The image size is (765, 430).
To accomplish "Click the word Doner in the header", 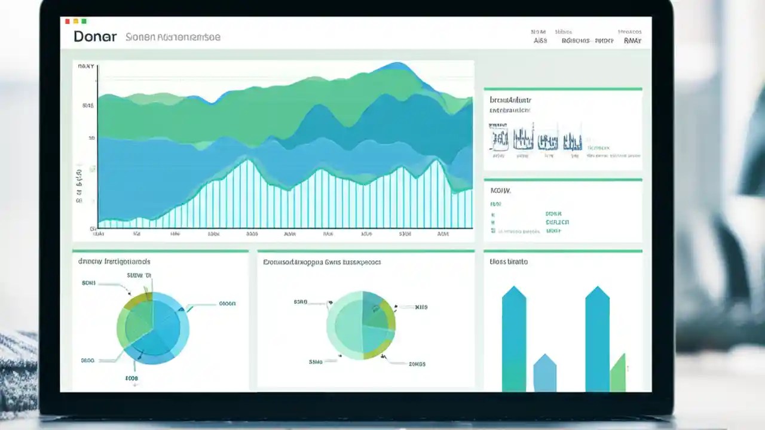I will coord(95,36).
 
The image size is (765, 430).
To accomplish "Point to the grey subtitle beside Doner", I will coord(173,37).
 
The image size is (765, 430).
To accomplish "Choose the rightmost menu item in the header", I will coord(632,41).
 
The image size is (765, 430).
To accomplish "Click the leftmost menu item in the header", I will coord(540,41).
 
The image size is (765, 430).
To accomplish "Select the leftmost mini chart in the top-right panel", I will coord(499,140).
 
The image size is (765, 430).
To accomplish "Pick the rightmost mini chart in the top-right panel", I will coord(572,141).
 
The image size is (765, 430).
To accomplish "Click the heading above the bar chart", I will coord(509,262).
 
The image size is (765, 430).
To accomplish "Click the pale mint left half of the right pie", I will coord(343,325).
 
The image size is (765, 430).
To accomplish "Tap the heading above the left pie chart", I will coord(114,262).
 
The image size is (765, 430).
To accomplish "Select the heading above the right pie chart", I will coord(322,262).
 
